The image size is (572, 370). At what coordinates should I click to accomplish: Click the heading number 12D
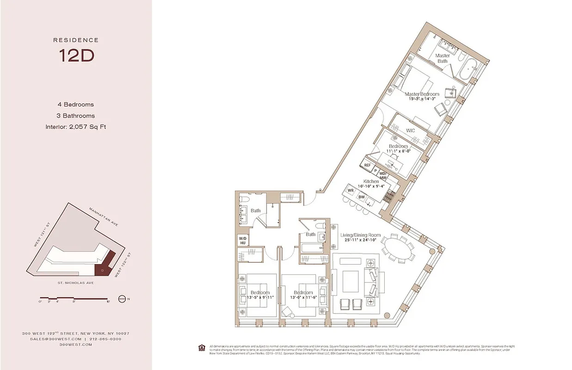(76, 55)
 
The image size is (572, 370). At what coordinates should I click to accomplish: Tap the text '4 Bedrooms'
(76, 105)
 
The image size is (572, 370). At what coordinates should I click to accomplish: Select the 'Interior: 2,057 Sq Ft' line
(76, 127)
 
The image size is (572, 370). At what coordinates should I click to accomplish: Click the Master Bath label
(443, 58)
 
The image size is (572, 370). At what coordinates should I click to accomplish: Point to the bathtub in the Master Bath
(467, 70)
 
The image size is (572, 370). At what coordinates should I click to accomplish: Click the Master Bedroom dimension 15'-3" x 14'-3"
(422, 99)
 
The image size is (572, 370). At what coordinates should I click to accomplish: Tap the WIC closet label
(410, 131)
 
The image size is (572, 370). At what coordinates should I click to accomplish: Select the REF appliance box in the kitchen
(368, 165)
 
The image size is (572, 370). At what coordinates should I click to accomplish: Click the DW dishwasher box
(362, 197)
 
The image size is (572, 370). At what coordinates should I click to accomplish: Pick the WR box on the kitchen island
(351, 190)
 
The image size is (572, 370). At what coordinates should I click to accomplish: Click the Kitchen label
(371, 181)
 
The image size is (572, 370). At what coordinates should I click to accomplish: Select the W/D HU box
(243, 240)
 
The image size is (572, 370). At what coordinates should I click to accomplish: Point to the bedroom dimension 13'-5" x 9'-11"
(260, 297)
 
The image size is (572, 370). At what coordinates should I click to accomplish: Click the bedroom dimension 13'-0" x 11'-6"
(303, 297)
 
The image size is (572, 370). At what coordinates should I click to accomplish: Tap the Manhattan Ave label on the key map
(104, 217)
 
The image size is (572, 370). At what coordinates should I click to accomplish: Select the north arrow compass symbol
(122, 298)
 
